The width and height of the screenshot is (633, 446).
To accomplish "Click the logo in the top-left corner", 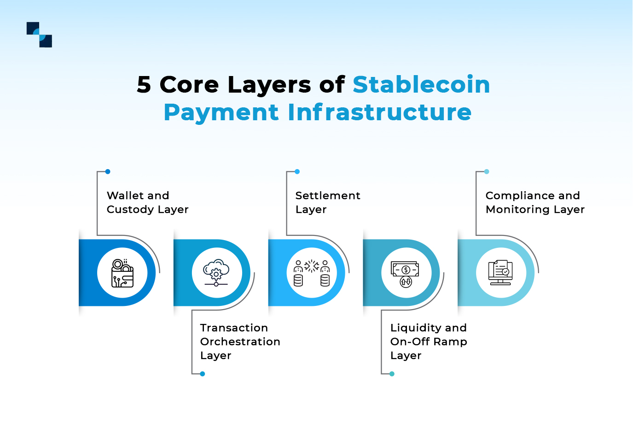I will click(39, 35).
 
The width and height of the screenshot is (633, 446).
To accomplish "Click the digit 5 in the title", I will click(144, 85).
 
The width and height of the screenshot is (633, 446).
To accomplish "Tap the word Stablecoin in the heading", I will click(421, 85).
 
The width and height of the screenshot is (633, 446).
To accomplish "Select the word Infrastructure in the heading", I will click(380, 112).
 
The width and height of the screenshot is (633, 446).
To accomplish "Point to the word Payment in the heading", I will click(221, 113).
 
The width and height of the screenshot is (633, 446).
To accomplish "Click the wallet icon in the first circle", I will click(122, 273).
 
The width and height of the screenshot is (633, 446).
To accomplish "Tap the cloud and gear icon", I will click(216, 273).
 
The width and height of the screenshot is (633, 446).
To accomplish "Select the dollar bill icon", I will click(405, 274).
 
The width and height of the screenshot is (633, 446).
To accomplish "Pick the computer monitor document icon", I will click(500, 272).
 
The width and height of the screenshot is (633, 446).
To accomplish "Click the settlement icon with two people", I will click(312, 273).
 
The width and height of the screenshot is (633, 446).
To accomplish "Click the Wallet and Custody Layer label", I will click(147, 202).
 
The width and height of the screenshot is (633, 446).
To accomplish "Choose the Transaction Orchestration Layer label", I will click(240, 341).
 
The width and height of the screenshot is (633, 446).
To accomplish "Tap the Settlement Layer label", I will click(327, 202).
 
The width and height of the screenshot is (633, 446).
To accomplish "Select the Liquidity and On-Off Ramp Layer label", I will click(428, 341).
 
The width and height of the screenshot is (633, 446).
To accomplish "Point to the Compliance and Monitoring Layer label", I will click(535, 202).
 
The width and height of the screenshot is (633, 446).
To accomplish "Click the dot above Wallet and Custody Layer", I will click(108, 172).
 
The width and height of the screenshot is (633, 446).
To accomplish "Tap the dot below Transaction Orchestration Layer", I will click(203, 374).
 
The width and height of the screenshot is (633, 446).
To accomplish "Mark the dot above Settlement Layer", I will click(297, 172).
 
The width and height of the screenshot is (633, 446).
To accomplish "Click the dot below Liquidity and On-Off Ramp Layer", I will click(392, 374).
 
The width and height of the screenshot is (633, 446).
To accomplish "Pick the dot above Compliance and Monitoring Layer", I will click(487, 172).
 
